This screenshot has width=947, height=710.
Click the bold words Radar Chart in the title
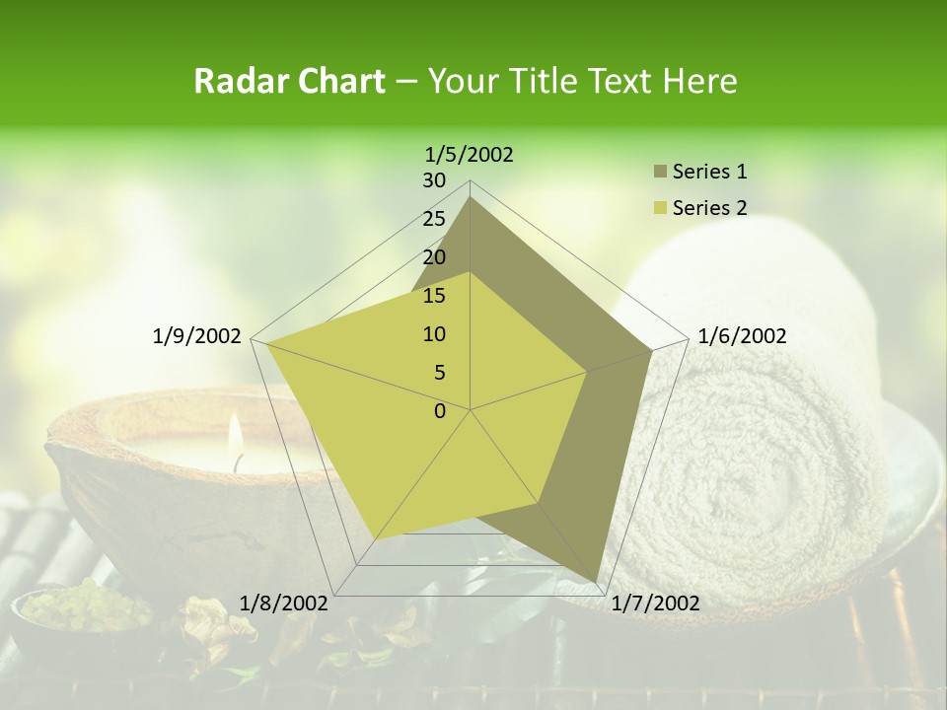pyautogui.click(x=288, y=81)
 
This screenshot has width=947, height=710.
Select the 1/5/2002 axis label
pyautogui.click(x=470, y=154)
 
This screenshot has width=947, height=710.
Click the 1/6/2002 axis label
pyautogui.click(x=742, y=336)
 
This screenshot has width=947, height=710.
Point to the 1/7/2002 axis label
pyautogui.click(x=655, y=603)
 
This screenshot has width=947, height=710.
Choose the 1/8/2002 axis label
pyautogui.click(x=283, y=603)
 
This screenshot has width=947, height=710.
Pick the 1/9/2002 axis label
pyautogui.click(x=197, y=336)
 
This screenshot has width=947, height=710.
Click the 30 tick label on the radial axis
pyautogui.click(x=434, y=180)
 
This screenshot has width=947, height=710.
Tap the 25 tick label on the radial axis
pyautogui.click(x=434, y=219)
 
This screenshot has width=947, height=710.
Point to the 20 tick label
pyautogui.click(x=434, y=257)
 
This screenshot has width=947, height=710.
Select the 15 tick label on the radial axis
pyautogui.click(x=434, y=296)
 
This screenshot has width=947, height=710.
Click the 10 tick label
pyautogui.click(x=434, y=334)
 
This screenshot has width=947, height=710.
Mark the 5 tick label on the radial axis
pyautogui.click(x=439, y=373)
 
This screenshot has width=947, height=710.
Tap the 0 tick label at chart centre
pyautogui.click(x=440, y=411)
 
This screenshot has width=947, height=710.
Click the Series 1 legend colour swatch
pyautogui.click(x=660, y=173)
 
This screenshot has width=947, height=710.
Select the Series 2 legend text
pyautogui.click(x=709, y=208)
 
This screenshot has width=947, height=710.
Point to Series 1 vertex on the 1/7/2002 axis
pyautogui.click(x=596, y=583)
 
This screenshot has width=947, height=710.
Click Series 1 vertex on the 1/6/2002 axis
pyautogui.click(x=652, y=349)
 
